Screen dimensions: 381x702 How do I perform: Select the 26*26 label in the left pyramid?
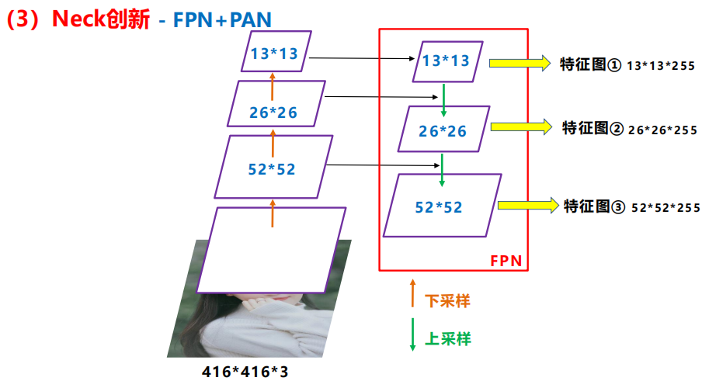pos(273,112)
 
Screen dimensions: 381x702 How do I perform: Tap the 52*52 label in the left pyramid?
pos(272,168)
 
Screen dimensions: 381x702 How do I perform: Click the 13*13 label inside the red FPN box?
pos(447,61)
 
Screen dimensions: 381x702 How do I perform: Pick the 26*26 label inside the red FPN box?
pos(443,131)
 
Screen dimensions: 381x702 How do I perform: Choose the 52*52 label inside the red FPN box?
pos(439,207)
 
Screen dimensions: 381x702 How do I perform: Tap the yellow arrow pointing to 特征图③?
pos(527,205)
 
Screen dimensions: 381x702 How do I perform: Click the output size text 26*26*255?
pos(662,130)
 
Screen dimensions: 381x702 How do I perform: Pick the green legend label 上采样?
pos(448,338)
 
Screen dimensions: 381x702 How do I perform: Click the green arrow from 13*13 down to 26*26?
pos(443,96)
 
